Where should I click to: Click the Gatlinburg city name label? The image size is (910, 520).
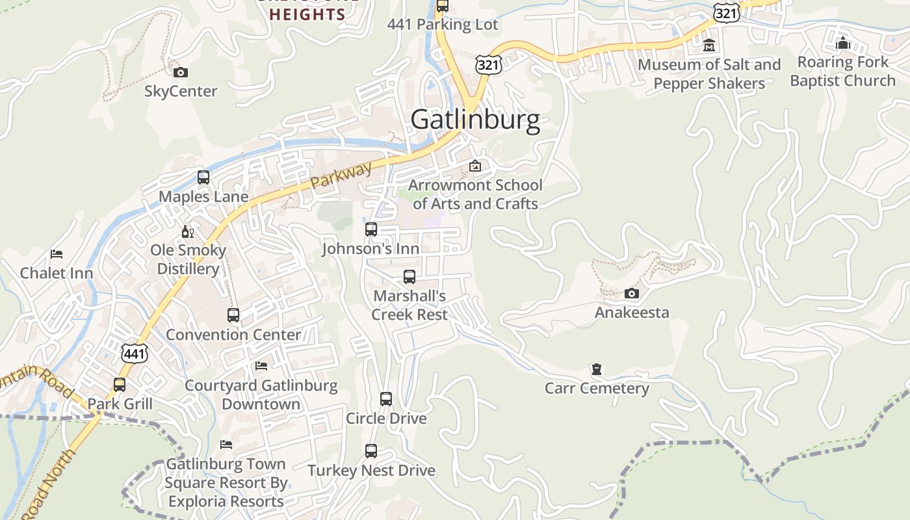coord(475,120)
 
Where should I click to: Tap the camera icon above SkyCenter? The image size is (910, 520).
coord(181,72)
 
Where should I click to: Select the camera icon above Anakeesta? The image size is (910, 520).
coord(631,294)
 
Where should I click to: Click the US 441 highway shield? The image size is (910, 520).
coord(134,354)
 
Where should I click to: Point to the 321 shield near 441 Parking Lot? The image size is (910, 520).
coord(487,64)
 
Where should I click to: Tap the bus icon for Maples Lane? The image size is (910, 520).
coord(203,177)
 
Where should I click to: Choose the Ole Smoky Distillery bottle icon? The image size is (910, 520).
coord(188,231)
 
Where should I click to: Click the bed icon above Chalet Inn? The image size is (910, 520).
coord(57,254)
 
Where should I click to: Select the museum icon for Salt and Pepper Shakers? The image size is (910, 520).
coord(709,45)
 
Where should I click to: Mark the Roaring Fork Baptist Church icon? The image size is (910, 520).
coord(843,44)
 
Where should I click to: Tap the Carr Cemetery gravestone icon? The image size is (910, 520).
coord(596,369)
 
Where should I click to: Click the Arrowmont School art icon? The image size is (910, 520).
coord(475,166)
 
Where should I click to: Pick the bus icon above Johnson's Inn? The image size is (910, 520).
coord(370,229)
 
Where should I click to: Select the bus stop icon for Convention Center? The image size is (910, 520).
coord(233,315)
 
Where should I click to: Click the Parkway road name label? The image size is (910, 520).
coord(341,175)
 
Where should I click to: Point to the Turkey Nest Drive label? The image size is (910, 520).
coord(371,471)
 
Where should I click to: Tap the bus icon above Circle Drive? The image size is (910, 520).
coord(386,399)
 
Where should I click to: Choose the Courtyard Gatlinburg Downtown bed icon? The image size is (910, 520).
coord(261,366)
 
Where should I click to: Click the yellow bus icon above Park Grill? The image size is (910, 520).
coord(120,384)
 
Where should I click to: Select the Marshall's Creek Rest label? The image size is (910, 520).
coord(409,305)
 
